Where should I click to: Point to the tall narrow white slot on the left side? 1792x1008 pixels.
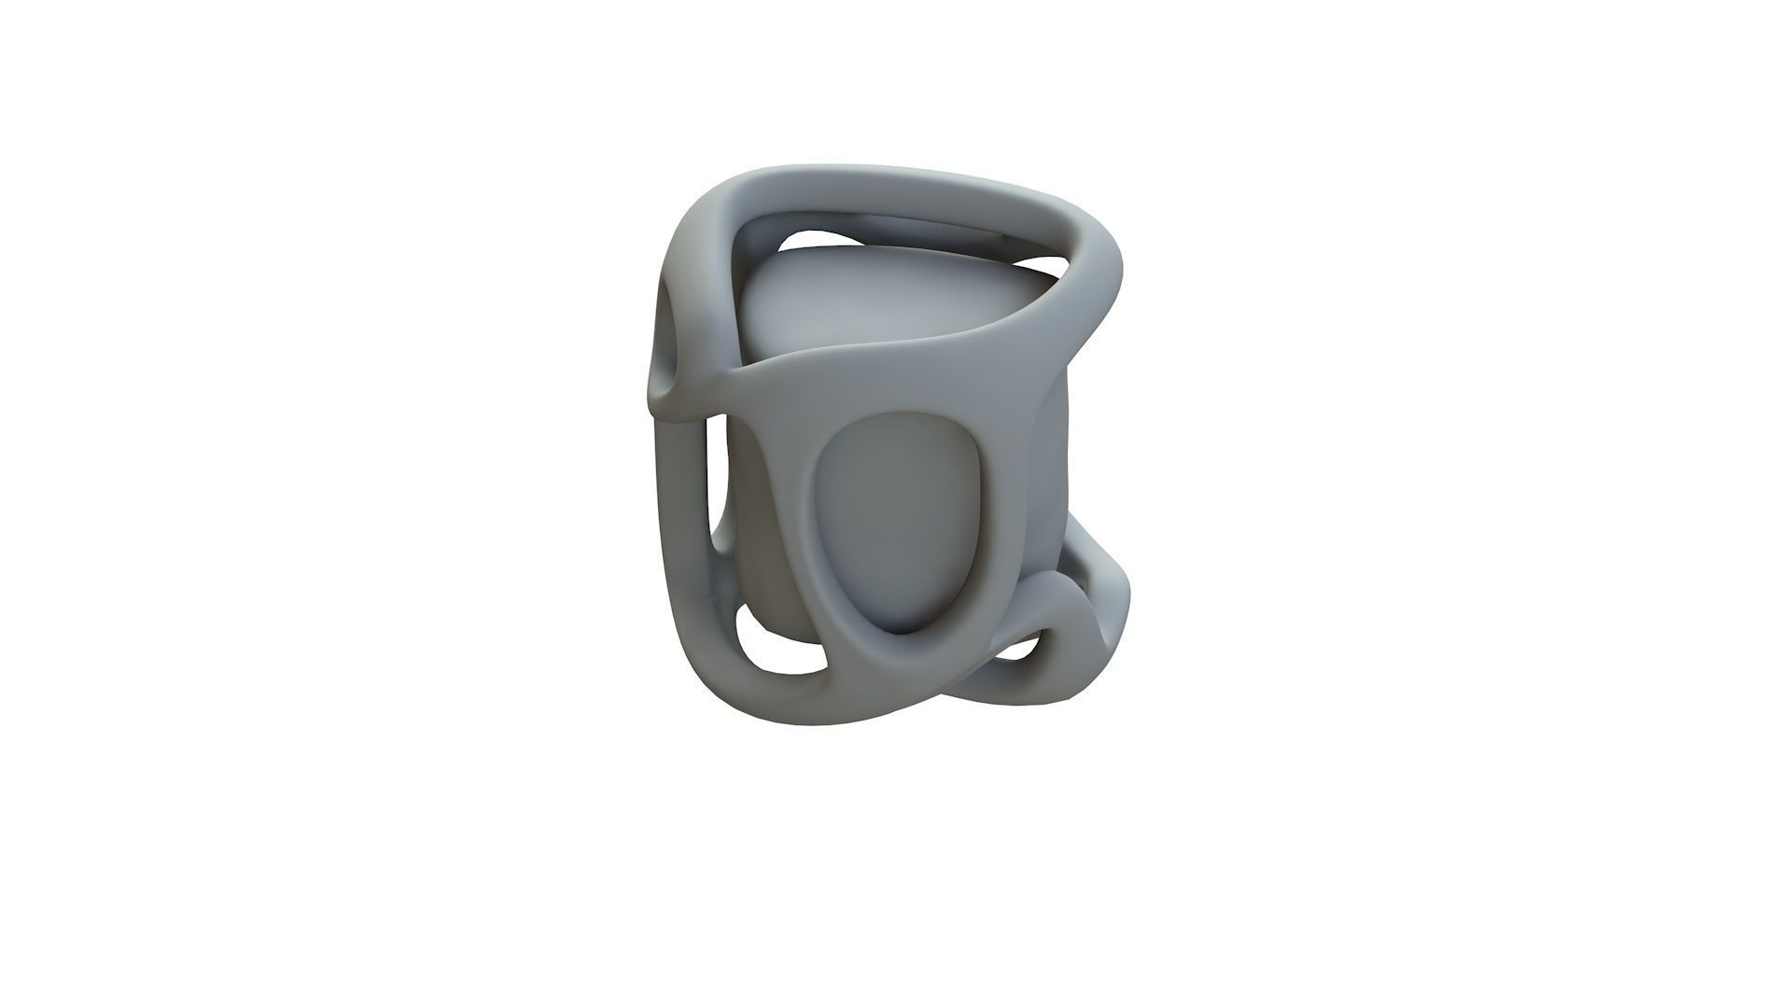pyautogui.click(x=717, y=485)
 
